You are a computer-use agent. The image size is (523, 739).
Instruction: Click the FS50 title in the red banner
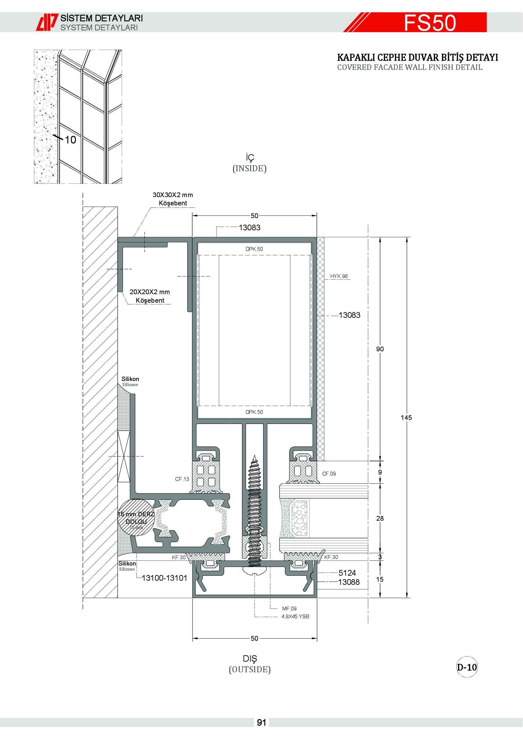[430, 23]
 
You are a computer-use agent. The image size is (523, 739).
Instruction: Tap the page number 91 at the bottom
[261, 723]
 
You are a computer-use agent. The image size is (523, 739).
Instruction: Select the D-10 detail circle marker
[467, 667]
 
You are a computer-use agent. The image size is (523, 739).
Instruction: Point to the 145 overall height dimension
[406, 417]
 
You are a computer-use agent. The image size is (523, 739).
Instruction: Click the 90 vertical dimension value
[380, 349]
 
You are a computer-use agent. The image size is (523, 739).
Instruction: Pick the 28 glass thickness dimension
[380, 518]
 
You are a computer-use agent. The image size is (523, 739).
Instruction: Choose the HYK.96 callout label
[339, 276]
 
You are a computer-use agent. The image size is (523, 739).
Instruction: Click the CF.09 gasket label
[329, 474]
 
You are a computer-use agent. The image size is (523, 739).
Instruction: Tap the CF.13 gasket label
[182, 479]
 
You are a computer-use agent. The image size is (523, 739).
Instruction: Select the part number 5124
[347, 572]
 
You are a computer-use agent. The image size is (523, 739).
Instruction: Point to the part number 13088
[348, 582]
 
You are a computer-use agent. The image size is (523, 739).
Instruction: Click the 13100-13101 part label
[164, 578]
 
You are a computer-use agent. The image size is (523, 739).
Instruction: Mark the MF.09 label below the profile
[289, 608]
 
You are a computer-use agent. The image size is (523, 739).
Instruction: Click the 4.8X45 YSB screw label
[295, 616]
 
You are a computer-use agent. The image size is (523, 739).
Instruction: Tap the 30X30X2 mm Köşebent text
[173, 199]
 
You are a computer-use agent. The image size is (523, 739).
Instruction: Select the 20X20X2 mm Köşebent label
[150, 296]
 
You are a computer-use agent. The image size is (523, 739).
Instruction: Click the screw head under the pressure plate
[255, 570]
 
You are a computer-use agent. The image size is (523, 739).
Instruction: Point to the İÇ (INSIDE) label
[249, 163]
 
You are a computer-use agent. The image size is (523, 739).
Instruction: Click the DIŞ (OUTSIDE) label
[249, 664]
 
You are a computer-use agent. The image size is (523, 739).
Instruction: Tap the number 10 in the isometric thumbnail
[71, 140]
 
